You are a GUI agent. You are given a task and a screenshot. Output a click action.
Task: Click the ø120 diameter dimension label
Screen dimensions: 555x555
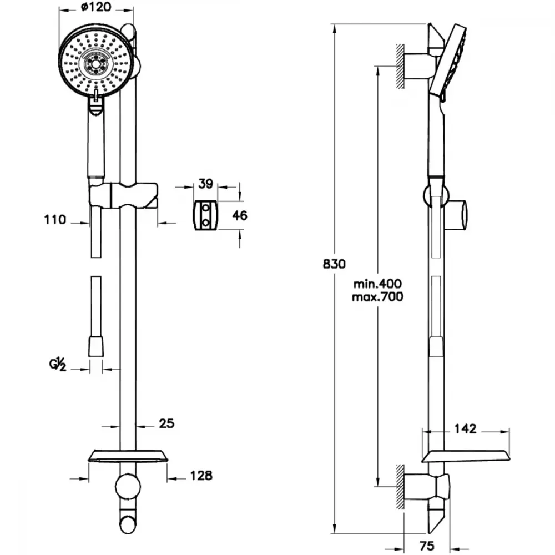pos(95,7)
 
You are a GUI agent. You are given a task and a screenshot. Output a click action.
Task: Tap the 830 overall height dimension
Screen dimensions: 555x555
pos(334,264)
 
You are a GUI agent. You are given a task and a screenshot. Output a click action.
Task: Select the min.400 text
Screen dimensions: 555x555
pos(377,284)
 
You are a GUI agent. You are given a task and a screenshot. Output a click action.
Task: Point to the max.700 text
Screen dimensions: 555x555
pos(377,296)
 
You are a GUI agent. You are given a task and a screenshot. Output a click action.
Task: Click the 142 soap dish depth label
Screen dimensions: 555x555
pos(465,428)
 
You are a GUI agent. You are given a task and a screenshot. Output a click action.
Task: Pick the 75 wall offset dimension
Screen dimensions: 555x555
pos(426,546)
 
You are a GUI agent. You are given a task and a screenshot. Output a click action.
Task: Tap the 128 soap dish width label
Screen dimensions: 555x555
pos(201,476)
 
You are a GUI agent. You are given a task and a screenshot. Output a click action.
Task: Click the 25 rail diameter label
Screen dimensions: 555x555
pos(167,423)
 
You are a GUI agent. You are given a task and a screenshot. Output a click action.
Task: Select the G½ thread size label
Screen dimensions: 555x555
pos(58,365)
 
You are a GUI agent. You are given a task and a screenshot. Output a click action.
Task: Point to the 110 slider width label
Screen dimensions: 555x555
pos(55,219)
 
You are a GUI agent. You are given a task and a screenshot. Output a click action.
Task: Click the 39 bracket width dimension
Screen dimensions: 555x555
pos(205,184)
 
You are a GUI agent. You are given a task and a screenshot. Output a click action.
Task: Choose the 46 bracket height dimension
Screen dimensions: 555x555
pos(240,215)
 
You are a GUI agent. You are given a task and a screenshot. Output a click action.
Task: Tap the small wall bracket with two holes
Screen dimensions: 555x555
pos(205,215)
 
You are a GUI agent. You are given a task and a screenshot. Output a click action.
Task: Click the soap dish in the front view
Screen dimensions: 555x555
pos(128,456)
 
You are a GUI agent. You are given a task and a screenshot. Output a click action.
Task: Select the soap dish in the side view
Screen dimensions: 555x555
pos(466,457)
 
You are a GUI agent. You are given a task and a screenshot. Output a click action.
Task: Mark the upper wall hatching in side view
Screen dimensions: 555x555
pos(400,66)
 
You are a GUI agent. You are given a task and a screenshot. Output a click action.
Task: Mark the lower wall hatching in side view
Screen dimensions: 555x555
pos(400,487)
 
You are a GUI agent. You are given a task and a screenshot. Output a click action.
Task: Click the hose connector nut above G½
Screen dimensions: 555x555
pos(96,346)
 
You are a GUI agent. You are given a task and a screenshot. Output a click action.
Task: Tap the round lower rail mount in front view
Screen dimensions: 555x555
pos(128,487)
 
